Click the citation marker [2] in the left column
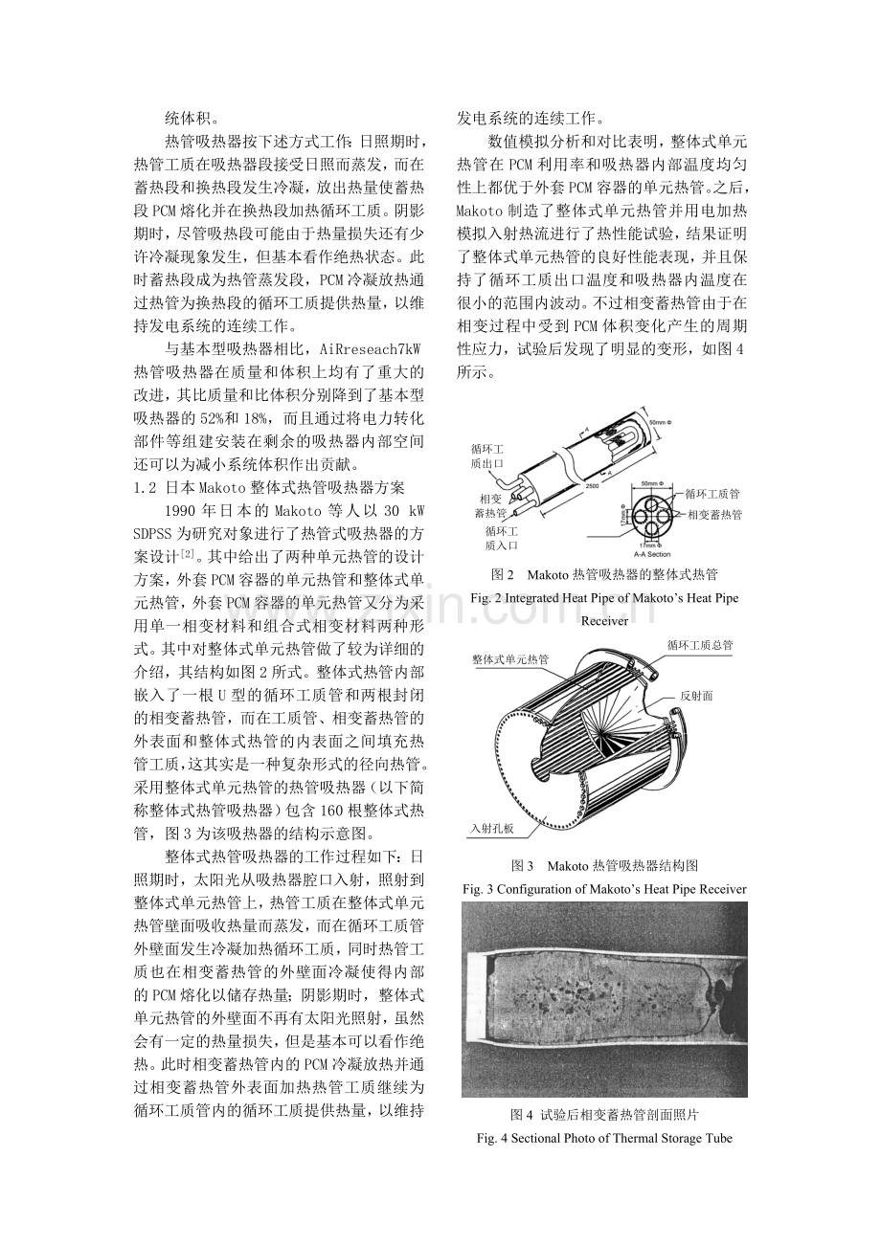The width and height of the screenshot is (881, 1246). pyautogui.click(x=187, y=554)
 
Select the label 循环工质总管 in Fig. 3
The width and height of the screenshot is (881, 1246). pyautogui.click(x=700, y=645)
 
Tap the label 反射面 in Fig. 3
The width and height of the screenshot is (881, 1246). pyautogui.click(x=696, y=696)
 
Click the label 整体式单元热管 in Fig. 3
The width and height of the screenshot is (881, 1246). pyautogui.click(x=510, y=659)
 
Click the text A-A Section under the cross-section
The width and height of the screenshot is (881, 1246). pyautogui.click(x=652, y=554)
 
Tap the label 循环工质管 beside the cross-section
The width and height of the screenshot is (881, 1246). pyautogui.click(x=712, y=494)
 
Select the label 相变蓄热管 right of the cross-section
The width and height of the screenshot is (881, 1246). pyautogui.click(x=715, y=515)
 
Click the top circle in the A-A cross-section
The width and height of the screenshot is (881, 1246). pyautogui.click(x=652, y=499)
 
